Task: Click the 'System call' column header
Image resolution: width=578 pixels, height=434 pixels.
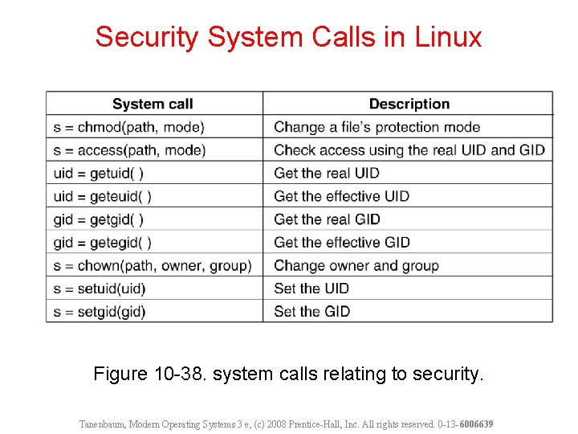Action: pos(153,104)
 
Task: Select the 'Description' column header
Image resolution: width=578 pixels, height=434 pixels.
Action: pos(409,104)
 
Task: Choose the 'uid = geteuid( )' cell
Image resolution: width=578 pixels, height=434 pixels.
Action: pos(103,196)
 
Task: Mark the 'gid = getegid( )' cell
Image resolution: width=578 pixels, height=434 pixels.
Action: pos(103,242)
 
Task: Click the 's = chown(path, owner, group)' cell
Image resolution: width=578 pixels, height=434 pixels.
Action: pos(153,265)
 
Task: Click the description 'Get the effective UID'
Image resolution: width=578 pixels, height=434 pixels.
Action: pos(341,196)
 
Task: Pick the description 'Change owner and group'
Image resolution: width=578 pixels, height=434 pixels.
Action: pos(356,265)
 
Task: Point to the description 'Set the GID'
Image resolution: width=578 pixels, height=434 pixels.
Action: pos(311,311)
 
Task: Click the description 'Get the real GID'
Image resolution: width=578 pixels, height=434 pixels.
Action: pos(327,219)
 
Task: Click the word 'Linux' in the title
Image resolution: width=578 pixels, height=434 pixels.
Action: pos(448,37)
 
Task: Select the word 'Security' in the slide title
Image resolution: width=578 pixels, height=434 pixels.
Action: pos(147,37)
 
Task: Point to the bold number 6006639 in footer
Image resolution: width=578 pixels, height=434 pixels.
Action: pos(476,424)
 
